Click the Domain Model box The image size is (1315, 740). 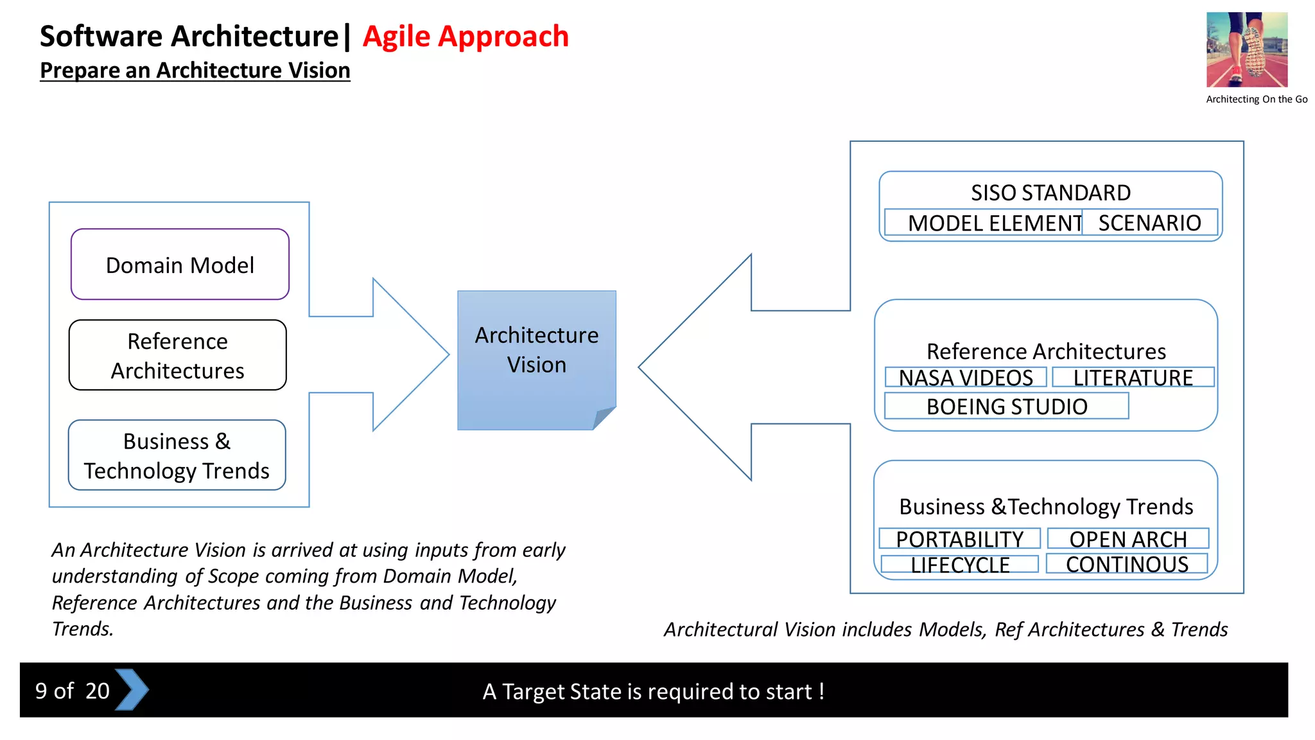tap(180, 264)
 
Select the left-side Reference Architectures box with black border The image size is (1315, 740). tap(178, 355)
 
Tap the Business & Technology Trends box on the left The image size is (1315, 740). tap(177, 455)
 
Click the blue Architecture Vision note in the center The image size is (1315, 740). tap(536, 350)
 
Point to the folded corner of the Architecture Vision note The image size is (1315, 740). tap(603, 418)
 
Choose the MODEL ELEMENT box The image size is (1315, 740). tap(984, 223)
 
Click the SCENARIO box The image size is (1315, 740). tap(1149, 223)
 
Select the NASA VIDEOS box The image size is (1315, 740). tap(966, 377)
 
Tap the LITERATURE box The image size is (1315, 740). tap(1133, 377)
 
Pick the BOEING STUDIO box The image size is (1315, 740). tap(1006, 406)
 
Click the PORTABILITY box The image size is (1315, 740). tap(959, 538)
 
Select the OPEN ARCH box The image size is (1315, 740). tap(1128, 538)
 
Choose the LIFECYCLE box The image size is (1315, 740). tap(959, 564)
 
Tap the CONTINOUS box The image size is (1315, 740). tap(1127, 563)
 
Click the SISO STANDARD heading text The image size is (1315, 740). tap(1050, 192)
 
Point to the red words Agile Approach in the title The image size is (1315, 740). tap(466, 36)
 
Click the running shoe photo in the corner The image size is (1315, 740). tap(1246, 49)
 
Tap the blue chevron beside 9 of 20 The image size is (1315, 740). tap(132, 690)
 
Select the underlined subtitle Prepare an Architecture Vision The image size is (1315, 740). tap(195, 70)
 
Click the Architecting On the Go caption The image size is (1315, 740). tap(1256, 100)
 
